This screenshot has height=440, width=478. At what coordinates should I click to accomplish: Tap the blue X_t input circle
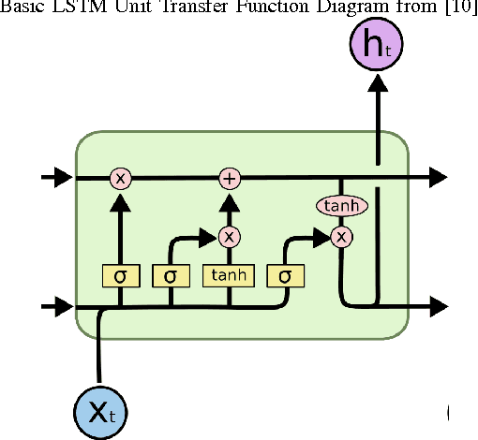(x=100, y=410)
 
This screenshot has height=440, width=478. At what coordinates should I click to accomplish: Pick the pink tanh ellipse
(x=342, y=205)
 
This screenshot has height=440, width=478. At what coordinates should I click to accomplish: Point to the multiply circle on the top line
(x=120, y=176)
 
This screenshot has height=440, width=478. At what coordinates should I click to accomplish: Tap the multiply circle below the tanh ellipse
(x=342, y=237)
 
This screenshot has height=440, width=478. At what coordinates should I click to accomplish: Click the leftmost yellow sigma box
(x=120, y=276)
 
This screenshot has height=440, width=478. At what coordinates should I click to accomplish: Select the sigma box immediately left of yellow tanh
(x=171, y=276)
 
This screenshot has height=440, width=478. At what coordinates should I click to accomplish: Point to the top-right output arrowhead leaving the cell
(x=437, y=176)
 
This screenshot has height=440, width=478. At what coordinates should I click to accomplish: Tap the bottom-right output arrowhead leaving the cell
(x=437, y=305)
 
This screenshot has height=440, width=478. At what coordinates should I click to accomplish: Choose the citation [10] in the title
(x=458, y=9)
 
